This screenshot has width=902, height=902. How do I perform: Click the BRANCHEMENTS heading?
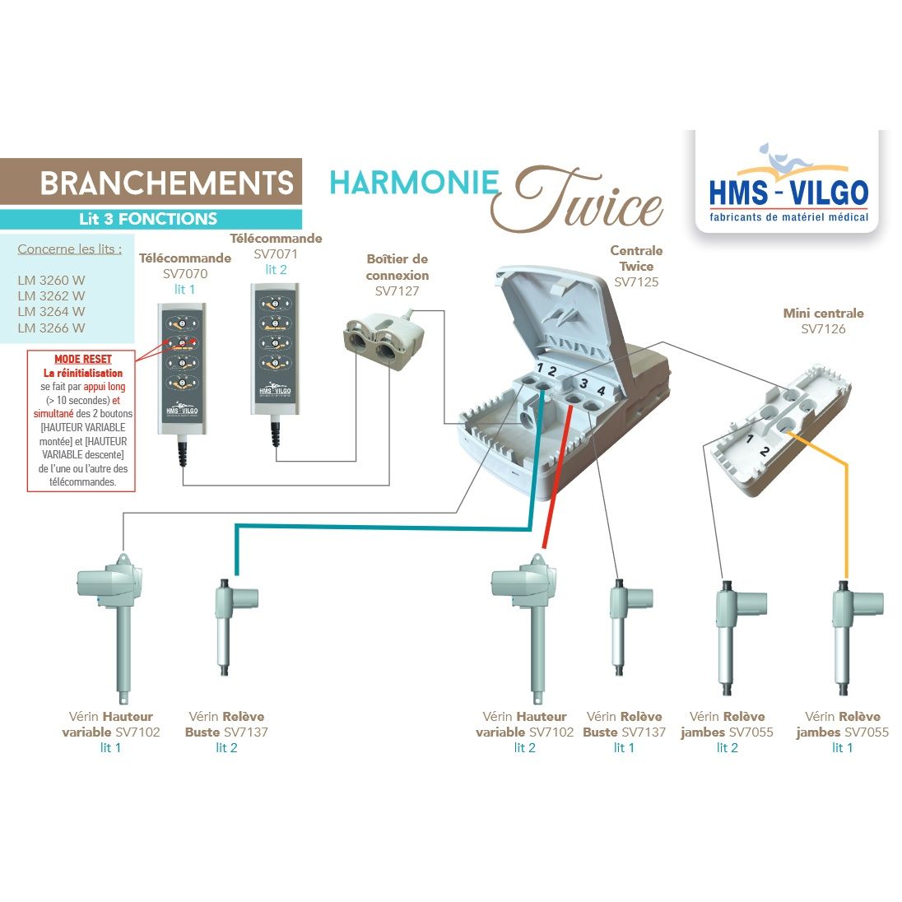(166, 183)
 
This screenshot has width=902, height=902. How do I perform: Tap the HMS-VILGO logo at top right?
(788, 184)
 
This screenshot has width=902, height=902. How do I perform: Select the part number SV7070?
(185, 274)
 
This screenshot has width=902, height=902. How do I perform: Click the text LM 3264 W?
(51, 311)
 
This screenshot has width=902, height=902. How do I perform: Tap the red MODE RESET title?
(82, 360)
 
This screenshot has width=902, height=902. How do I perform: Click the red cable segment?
(554, 477)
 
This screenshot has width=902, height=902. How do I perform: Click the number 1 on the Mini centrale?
(750, 439)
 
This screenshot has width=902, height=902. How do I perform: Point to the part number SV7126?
(823, 329)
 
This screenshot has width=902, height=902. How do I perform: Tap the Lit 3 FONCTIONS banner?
(148, 219)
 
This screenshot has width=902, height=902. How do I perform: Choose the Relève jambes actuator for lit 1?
(846, 634)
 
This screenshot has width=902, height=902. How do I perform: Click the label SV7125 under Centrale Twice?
(636, 281)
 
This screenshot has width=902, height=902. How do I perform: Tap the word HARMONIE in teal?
(414, 183)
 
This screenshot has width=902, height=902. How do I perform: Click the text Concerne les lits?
(69, 249)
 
